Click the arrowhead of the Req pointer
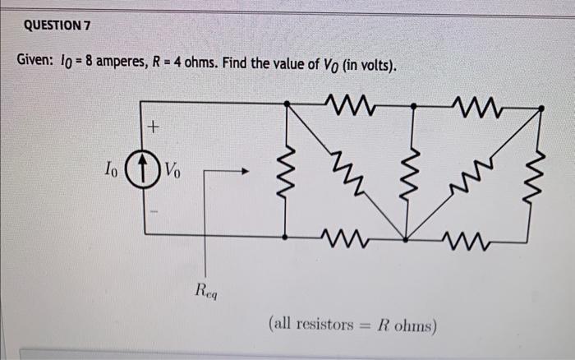coord(244,172)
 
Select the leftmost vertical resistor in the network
coord(285,172)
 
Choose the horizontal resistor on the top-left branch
coord(347,104)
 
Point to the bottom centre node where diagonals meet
coord(407,240)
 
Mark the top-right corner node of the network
coord(541,107)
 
